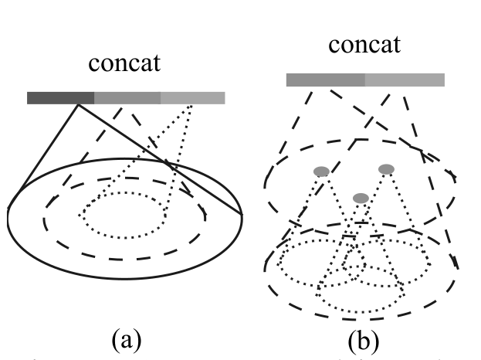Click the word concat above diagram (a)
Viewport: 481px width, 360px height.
125,64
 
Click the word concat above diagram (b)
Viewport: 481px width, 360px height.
365,44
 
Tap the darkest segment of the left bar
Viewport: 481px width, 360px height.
60,97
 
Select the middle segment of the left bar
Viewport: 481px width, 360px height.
127,97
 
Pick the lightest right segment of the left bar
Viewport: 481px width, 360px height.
193,97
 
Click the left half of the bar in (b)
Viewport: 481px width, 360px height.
325,80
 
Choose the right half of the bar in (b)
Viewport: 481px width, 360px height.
405,80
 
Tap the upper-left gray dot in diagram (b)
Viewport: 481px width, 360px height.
321,171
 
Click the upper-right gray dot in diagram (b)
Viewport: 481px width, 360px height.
386,169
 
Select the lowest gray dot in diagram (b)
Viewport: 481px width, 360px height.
361,199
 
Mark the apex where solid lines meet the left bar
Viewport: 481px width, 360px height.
77,104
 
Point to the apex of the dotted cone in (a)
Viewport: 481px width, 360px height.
191,104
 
